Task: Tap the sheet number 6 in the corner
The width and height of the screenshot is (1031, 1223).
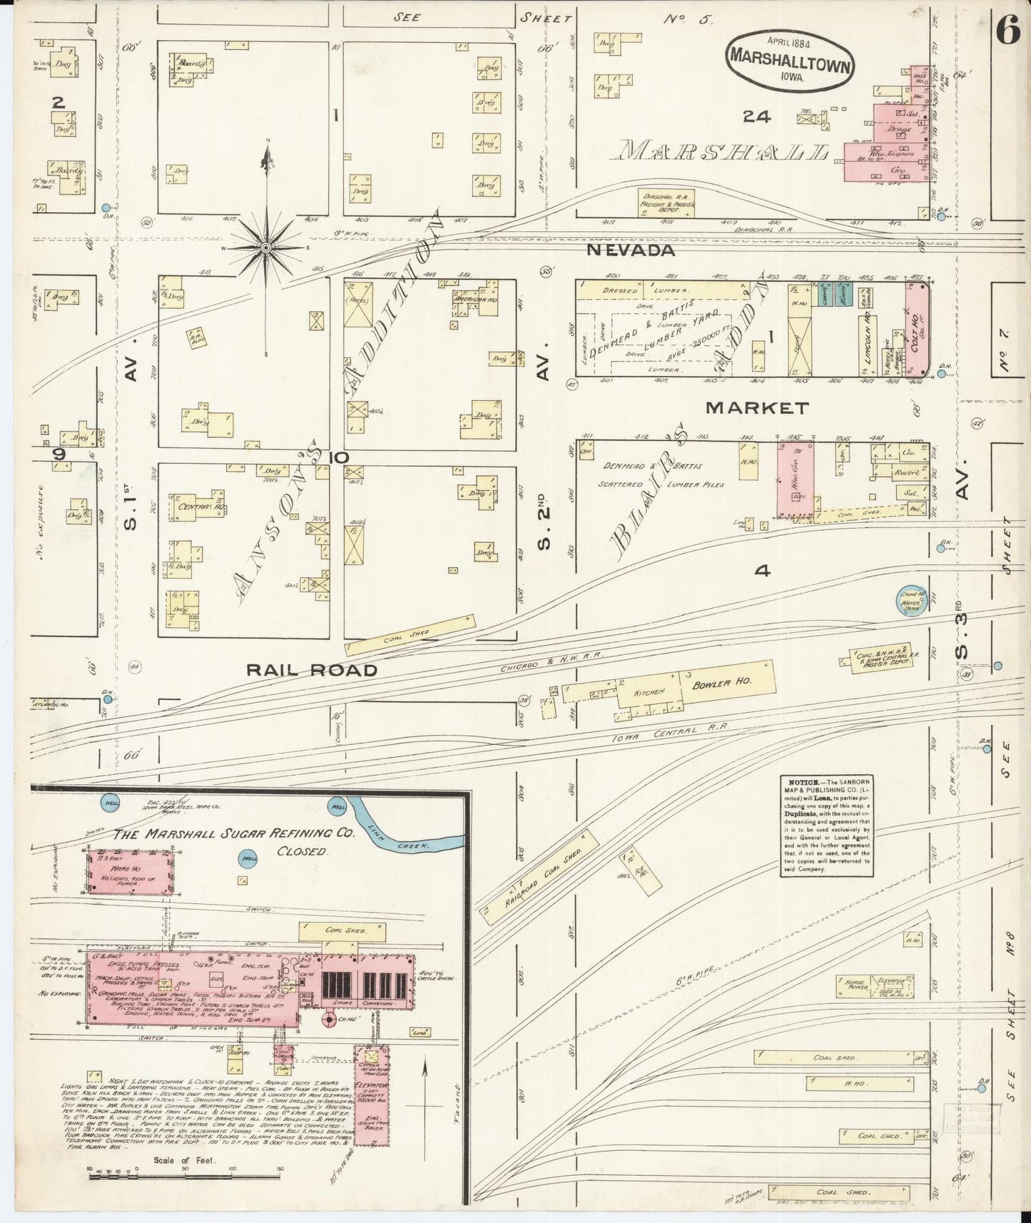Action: pyautogui.click(x=1007, y=34)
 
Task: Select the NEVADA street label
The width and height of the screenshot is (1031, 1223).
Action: pyautogui.click(x=631, y=250)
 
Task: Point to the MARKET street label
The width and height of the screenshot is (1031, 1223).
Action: pyautogui.click(x=757, y=408)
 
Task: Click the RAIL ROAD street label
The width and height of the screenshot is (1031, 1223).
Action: pyautogui.click(x=311, y=670)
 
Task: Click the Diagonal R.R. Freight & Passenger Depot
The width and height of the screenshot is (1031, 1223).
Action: pyautogui.click(x=668, y=203)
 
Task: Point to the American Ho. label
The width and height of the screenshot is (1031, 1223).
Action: pyautogui.click(x=474, y=301)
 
